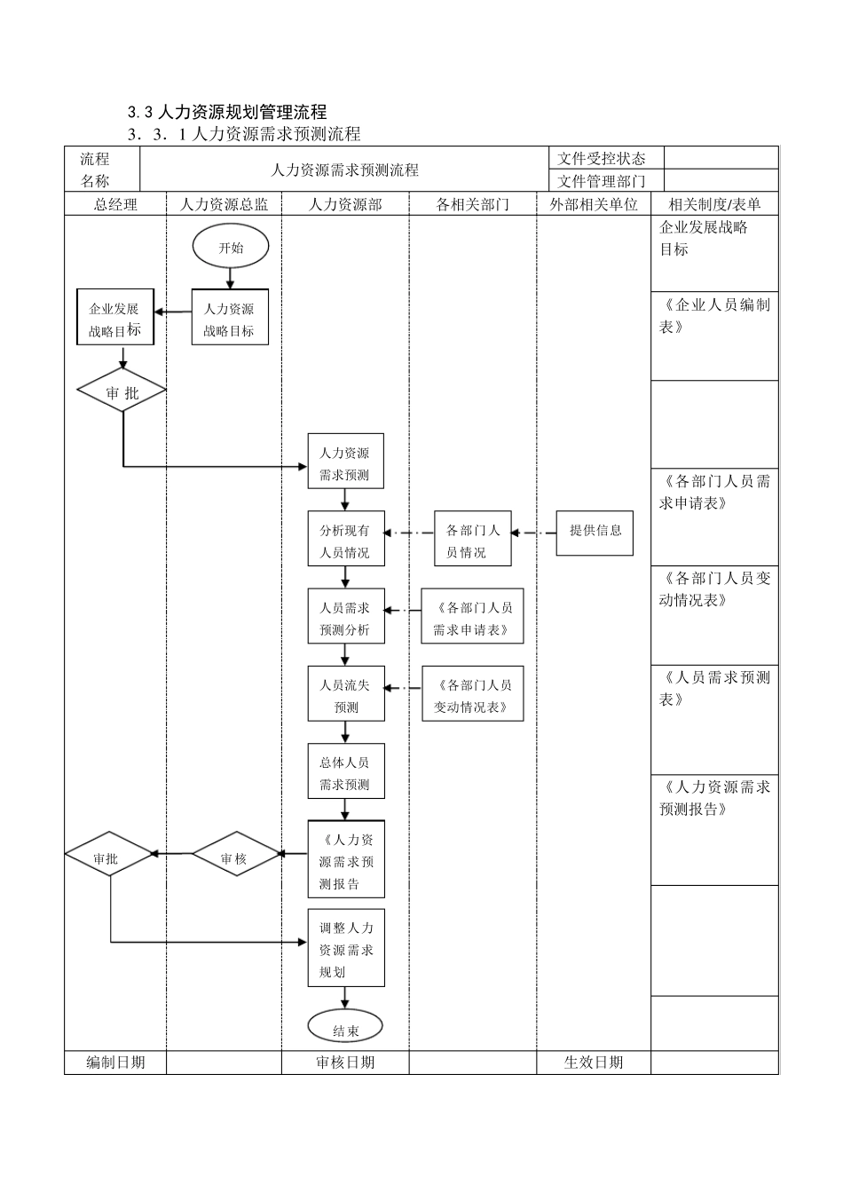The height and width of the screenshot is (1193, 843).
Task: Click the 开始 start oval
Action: [230, 248]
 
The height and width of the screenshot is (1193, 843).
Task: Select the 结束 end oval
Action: [345, 1030]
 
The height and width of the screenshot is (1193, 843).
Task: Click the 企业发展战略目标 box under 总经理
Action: [115, 319]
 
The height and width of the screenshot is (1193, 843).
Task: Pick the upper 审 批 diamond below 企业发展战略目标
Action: [122, 392]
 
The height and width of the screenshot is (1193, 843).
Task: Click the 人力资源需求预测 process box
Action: [345, 462]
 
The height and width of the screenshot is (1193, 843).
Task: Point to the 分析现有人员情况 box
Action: [345, 541]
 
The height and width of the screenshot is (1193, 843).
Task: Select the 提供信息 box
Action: [595, 532]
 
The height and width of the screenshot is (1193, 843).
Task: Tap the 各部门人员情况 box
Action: [472, 541]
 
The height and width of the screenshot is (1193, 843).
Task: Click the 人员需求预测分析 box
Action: [345, 618]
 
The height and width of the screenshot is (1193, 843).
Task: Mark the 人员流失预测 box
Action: [345, 695]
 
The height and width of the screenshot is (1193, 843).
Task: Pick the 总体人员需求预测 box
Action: [345, 772]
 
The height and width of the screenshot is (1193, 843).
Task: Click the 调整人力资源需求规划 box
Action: [345, 949]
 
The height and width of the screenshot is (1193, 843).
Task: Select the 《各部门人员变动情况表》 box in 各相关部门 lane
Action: [472, 695]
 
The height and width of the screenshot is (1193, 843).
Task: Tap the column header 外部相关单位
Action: [593, 204]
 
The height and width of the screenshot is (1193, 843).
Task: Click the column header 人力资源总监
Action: [224, 204]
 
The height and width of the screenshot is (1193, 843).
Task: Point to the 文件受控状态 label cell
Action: [601, 158]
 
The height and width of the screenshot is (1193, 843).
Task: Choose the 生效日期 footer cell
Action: [593, 1063]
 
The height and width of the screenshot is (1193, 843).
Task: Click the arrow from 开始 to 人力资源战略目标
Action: [230, 278]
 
